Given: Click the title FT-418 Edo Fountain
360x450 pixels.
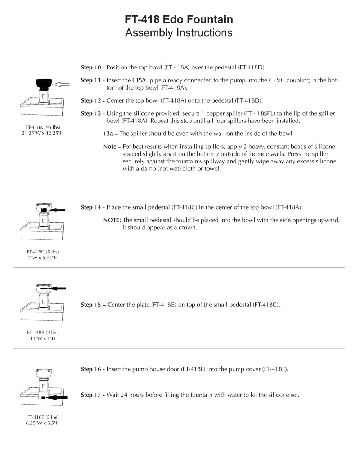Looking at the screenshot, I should click(179, 19).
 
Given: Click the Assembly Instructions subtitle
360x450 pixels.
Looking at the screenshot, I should click(179, 33).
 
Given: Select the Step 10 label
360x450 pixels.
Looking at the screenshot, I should click(93, 67).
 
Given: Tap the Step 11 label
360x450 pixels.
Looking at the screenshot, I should click(93, 80).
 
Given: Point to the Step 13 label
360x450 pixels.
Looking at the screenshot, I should click(93, 113).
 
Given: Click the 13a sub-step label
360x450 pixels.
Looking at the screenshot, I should click(110, 134).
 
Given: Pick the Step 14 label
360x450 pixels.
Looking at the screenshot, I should click(93, 207).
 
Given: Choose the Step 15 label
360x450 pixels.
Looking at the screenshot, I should click(93, 305).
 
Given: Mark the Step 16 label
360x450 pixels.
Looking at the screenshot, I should click(93, 369).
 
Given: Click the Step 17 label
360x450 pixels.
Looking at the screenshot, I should click(93, 395).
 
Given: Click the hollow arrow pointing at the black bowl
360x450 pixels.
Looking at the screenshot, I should click(63, 84).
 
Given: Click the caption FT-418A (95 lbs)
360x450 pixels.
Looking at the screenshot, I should click(43, 127).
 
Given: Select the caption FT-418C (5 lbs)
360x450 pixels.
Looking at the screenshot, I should click(43, 252).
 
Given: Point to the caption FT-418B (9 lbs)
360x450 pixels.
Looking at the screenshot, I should click(43, 332).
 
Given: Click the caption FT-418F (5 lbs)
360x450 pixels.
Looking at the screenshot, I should click(43, 417).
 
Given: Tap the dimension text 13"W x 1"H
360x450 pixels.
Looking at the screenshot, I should click(43, 338).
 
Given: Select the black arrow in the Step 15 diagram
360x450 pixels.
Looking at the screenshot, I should click(59, 288).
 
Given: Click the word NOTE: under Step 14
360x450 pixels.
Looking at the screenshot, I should click(112, 220).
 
